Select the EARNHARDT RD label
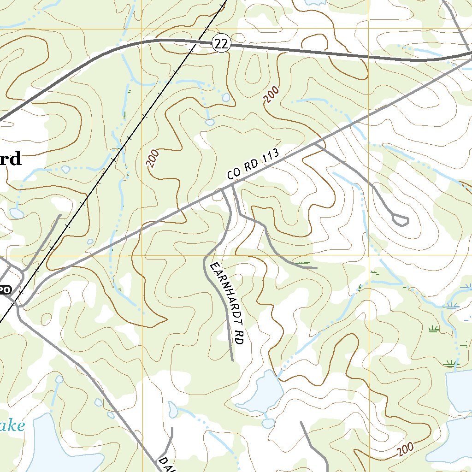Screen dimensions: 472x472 pos(226,304)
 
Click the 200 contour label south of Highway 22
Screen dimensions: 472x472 pos(272,96)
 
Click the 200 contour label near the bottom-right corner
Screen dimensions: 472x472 pos(404,448)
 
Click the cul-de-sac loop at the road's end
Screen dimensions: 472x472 pos(401,220)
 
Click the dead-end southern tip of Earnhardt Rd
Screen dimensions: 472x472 pos(232,360)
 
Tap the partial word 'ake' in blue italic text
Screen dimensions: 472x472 pos(12,425)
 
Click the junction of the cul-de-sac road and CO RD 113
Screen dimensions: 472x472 pos(317,143)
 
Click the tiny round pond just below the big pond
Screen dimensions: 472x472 pos(267,423)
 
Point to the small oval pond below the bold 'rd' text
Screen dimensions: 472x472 pos(16,213)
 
